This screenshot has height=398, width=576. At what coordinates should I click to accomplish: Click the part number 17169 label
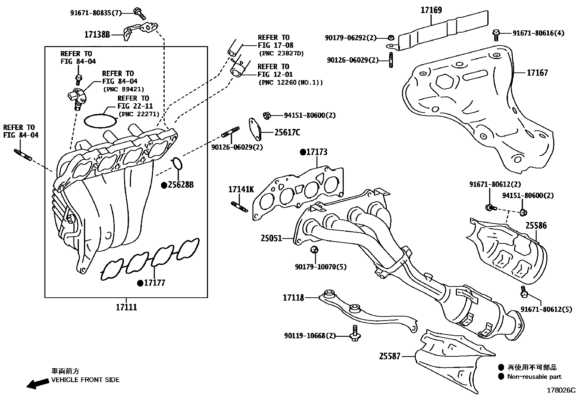pyautogui.click(x=431, y=10)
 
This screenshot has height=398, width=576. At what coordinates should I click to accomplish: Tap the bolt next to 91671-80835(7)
pyautogui.click(x=139, y=13)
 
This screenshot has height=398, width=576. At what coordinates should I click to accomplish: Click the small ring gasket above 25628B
pyautogui.click(x=177, y=163)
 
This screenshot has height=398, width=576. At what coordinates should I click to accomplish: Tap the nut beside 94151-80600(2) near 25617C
pyautogui.click(x=267, y=116)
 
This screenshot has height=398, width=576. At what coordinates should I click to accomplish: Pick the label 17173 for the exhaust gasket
pyautogui.click(x=317, y=152)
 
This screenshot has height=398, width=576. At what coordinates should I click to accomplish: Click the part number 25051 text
pyautogui.click(x=271, y=238)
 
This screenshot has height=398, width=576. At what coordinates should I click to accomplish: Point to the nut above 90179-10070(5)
pyautogui.click(x=314, y=250)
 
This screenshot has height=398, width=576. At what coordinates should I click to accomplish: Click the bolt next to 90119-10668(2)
pyautogui.click(x=355, y=334)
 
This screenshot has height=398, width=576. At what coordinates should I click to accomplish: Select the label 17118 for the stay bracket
pyautogui.click(x=293, y=298)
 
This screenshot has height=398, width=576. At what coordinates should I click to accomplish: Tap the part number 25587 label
pyautogui.click(x=390, y=356)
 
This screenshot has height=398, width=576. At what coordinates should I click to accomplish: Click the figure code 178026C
pyautogui.click(x=560, y=390)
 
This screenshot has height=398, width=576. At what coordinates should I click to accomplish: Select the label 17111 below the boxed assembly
pyautogui.click(x=126, y=307)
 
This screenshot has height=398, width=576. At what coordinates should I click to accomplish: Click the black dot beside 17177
pyautogui.click(x=140, y=283)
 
